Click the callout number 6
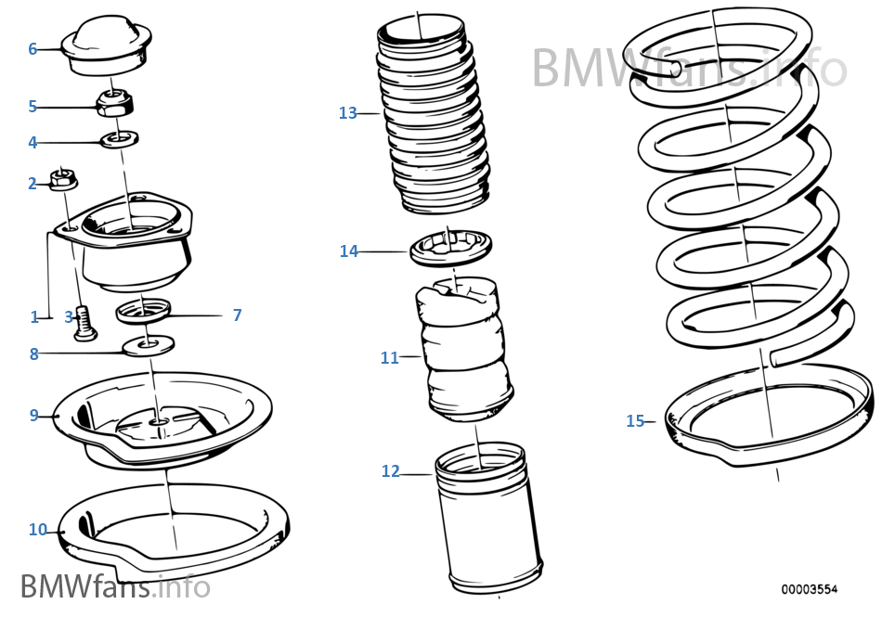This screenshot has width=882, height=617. pos(32,49)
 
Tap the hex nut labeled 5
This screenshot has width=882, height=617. pos(113,103)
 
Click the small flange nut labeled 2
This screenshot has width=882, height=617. pos(63,177)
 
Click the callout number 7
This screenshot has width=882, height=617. pos(237,315)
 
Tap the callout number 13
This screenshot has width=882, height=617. pos(348,113)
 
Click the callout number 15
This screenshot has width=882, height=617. pos(635,421)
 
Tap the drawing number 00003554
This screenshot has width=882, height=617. pos(809,588)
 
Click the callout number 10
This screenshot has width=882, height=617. pos(37,530)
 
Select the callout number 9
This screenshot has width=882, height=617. pos(33,415)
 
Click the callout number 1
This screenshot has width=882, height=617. pos(34,316)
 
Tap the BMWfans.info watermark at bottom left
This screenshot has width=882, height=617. pos(114,586)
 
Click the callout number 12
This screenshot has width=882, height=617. pos(390,471)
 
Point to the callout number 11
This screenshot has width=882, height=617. pos(389,357)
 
